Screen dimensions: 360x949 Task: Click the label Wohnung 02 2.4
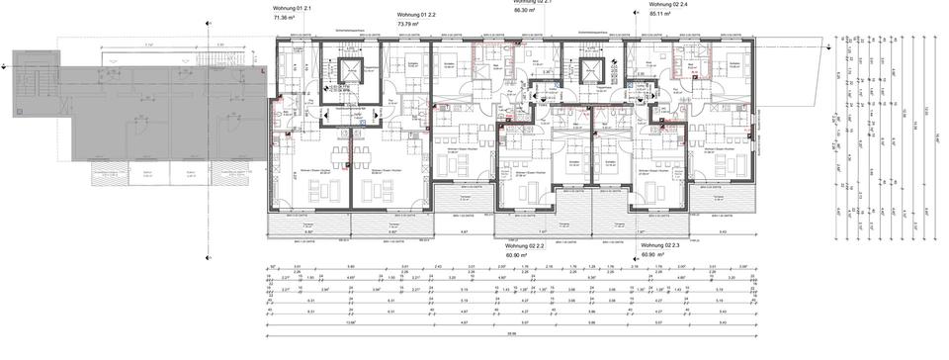pos(668,5)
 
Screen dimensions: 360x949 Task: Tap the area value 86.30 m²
pos(529,2)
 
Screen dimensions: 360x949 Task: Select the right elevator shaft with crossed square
pos(593,70)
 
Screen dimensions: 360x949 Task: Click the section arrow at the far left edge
pos(6,66)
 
